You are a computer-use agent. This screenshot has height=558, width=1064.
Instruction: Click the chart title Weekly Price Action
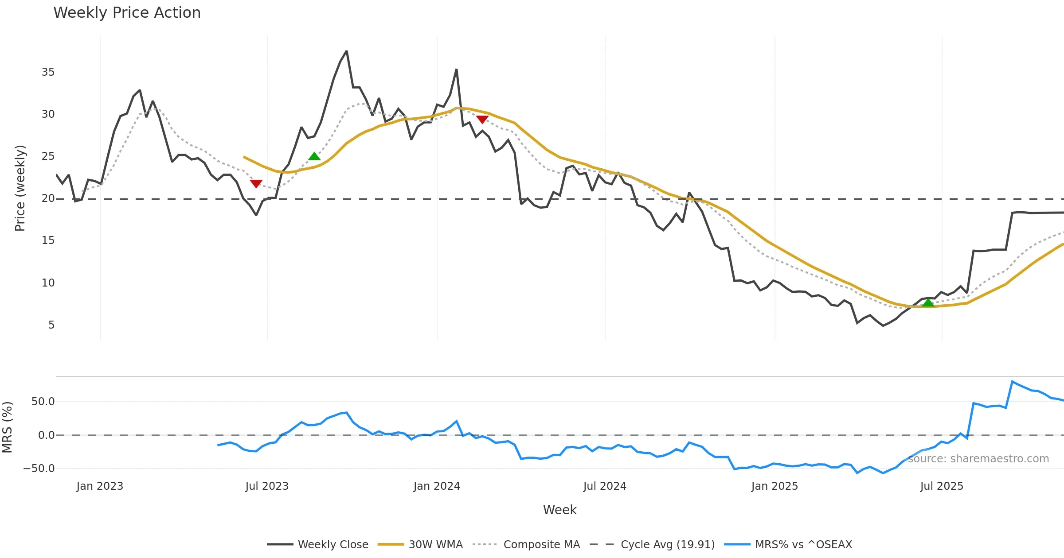(x=127, y=13)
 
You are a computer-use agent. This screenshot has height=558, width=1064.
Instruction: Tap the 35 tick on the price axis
(x=48, y=72)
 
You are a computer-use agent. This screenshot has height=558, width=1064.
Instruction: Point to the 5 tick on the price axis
(x=51, y=325)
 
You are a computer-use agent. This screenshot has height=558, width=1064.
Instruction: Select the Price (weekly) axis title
(x=20, y=188)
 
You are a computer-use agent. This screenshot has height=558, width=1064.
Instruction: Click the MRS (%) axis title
(x=7, y=427)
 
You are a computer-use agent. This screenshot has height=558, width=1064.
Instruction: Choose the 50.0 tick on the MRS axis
(x=43, y=402)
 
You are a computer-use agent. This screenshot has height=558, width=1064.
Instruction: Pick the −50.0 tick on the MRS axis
(x=39, y=469)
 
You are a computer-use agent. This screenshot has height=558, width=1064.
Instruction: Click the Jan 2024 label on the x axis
(x=437, y=486)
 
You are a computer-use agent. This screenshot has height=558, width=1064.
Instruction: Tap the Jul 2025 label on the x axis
(x=942, y=486)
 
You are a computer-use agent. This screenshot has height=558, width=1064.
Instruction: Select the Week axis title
(x=559, y=510)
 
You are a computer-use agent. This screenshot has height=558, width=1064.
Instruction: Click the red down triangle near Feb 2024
(x=482, y=120)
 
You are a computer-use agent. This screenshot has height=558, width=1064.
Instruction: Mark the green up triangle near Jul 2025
(x=928, y=303)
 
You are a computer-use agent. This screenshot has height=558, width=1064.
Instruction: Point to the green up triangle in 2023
(x=314, y=156)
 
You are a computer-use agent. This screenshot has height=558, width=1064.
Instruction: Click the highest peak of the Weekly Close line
(x=347, y=51)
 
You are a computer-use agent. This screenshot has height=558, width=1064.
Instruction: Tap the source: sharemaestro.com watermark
(x=978, y=459)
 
